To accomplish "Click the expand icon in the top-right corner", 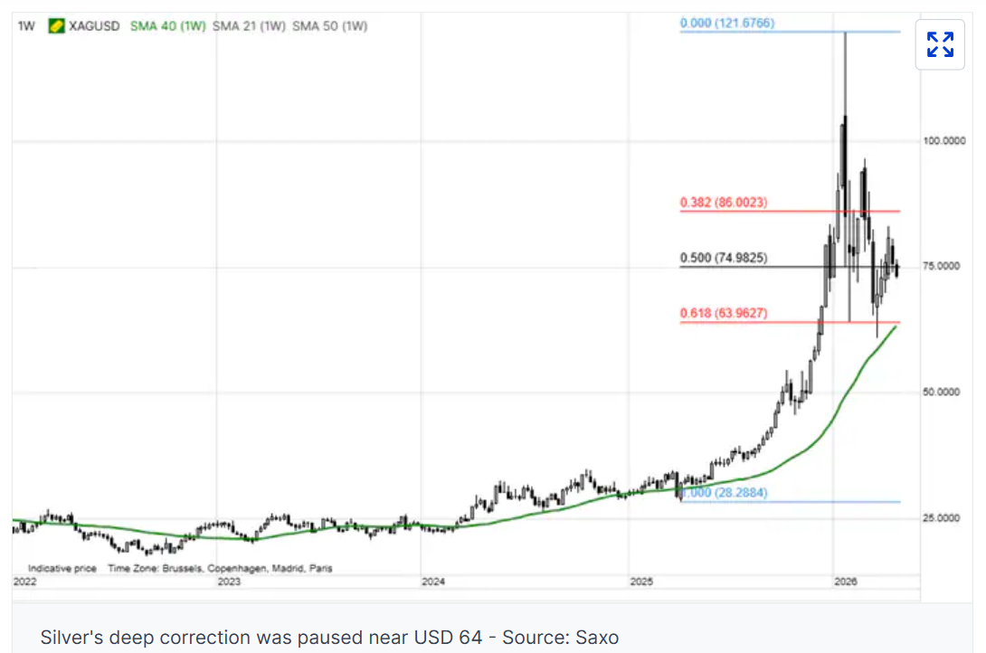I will tap(940, 44).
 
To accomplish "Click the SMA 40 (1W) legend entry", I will tap(168, 26).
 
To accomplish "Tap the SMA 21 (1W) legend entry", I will tap(249, 26).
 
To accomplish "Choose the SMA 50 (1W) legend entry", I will tap(329, 26).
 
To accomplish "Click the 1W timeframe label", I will tap(27, 26).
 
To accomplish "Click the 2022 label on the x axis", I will tap(25, 582).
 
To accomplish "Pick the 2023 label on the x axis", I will tap(229, 582).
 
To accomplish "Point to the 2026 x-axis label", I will tap(845, 582).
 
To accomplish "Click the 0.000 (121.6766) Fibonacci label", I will tap(726, 23).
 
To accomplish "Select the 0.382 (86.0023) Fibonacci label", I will tap(724, 203).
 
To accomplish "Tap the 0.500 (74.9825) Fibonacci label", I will tap(724, 259).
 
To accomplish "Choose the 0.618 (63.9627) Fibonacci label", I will tap(724, 314).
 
